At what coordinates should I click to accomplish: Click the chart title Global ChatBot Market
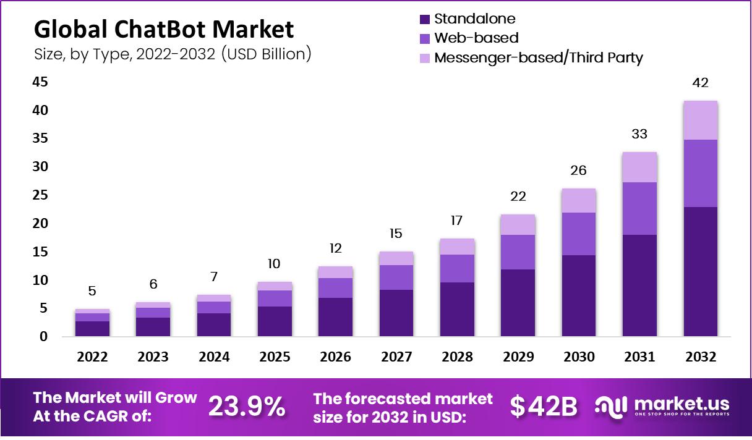point(163,30)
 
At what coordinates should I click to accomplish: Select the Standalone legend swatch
point(425,19)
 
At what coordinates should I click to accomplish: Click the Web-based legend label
point(476,38)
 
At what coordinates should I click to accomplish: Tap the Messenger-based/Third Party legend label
point(539,57)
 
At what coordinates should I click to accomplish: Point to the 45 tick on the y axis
point(40,82)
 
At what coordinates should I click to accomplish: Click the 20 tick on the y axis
point(40,223)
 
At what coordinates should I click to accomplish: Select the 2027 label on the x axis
point(396,357)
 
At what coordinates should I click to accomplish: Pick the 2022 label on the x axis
point(92,357)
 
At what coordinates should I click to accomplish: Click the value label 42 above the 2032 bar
point(701,83)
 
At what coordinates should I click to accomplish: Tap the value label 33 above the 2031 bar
point(639,134)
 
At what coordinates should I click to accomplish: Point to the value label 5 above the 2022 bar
point(92,291)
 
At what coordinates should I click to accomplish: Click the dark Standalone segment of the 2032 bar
point(701,272)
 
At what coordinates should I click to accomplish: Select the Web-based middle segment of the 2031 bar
point(639,208)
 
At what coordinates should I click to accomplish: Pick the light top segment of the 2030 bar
point(579,201)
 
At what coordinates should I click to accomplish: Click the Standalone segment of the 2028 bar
point(457,309)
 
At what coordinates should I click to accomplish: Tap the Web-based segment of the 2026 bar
point(335,288)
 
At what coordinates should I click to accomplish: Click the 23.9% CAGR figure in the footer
point(247,406)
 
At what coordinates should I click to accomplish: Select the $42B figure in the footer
point(544,406)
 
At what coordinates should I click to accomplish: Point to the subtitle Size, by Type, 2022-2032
point(173,54)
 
